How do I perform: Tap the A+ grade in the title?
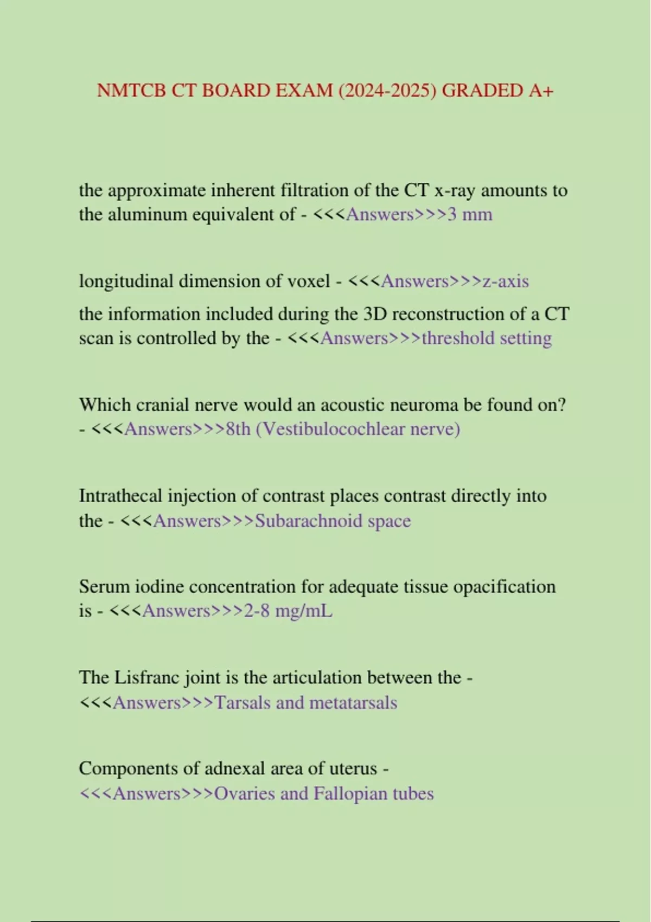tap(541, 91)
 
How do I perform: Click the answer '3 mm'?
tap(470, 215)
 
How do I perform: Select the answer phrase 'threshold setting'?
tap(487, 338)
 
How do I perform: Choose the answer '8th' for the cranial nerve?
tap(238, 430)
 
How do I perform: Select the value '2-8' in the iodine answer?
tap(257, 611)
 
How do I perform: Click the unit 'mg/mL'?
tap(304, 611)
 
